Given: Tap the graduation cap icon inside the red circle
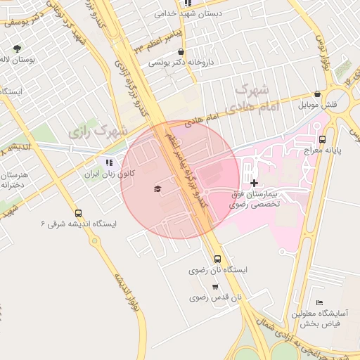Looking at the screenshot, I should click(x=157, y=188).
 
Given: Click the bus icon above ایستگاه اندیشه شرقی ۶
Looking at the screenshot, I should click(x=77, y=213).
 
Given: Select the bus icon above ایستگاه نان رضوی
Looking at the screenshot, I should click(x=217, y=259).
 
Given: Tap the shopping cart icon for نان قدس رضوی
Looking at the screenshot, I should click(x=214, y=287).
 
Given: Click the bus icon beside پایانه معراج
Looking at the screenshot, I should click(x=322, y=139).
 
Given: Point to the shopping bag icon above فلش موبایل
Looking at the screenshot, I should click(x=318, y=94).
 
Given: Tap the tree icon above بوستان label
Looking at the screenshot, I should click(x=17, y=49).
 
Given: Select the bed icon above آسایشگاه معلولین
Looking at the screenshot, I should click(x=320, y=302).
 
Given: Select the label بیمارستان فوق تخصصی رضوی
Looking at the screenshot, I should click(x=255, y=198).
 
